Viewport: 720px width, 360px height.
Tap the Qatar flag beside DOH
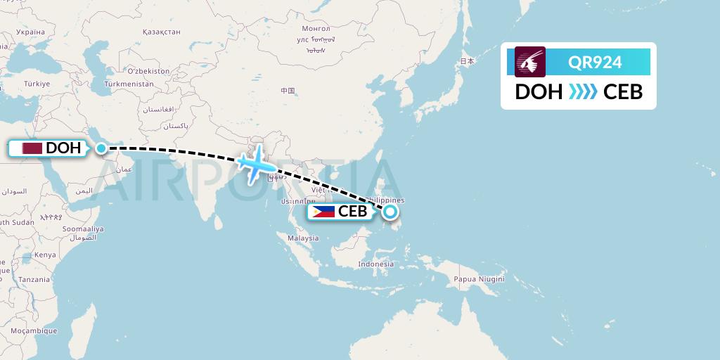point(31,148)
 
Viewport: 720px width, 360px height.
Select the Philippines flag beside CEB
point(323,212)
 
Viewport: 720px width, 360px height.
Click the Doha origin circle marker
point(102,148)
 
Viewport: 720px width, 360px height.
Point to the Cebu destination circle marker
point(390,211)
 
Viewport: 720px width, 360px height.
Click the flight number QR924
point(595,63)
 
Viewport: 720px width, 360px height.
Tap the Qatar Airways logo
point(530,62)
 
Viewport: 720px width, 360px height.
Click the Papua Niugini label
point(479,278)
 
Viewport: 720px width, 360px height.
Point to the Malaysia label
point(303,238)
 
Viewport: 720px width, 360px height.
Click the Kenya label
point(45,255)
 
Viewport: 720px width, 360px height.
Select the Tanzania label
point(34,279)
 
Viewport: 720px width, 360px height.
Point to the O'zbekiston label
point(148,71)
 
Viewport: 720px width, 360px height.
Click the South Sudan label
point(16,222)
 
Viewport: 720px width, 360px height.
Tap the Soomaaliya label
point(83,229)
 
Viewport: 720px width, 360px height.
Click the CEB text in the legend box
point(623,92)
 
